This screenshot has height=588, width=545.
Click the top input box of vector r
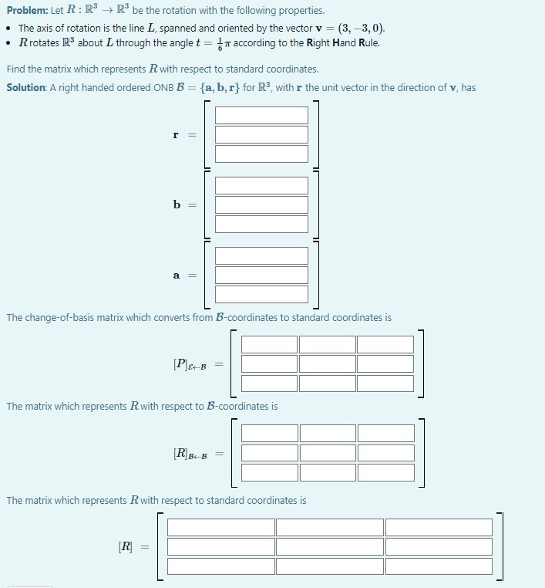point(261,115)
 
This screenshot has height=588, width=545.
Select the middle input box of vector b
point(261,204)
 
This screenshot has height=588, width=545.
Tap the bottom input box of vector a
point(261,294)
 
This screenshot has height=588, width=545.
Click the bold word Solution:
point(27,87)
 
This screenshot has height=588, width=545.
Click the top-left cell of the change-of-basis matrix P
point(269,344)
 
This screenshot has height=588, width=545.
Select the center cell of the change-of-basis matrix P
point(327,363)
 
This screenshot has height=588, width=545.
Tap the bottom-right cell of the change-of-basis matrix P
point(385,383)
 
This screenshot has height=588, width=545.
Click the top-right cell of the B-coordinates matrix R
point(385,433)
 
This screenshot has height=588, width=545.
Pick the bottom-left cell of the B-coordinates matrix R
point(270,471)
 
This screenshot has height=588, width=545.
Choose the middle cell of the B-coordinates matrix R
point(328,452)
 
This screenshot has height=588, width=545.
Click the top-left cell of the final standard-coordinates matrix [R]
point(221,527)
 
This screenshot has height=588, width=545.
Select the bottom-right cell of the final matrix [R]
point(438,566)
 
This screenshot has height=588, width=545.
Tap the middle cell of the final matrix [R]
point(329,546)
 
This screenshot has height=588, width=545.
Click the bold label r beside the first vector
point(177,134)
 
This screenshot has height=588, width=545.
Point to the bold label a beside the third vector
point(177,275)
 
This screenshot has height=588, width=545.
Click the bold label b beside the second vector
point(177,204)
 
